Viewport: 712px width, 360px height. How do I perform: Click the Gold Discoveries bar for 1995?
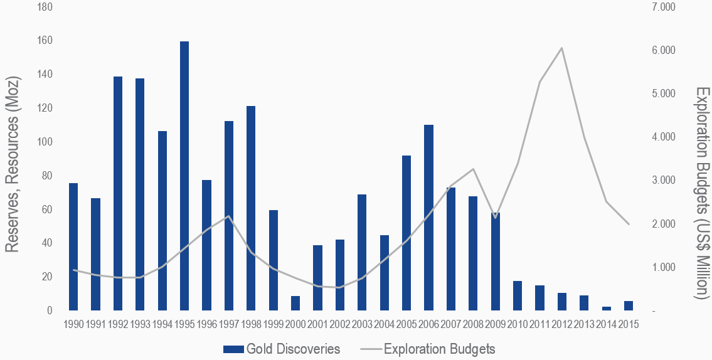[x=184, y=176]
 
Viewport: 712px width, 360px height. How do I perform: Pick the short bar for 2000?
[x=295, y=303]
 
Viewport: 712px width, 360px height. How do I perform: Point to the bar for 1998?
[x=251, y=208]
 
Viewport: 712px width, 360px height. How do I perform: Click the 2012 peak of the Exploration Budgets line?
[x=562, y=48]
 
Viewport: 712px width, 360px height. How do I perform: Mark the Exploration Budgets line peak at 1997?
[x=228, y=216]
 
